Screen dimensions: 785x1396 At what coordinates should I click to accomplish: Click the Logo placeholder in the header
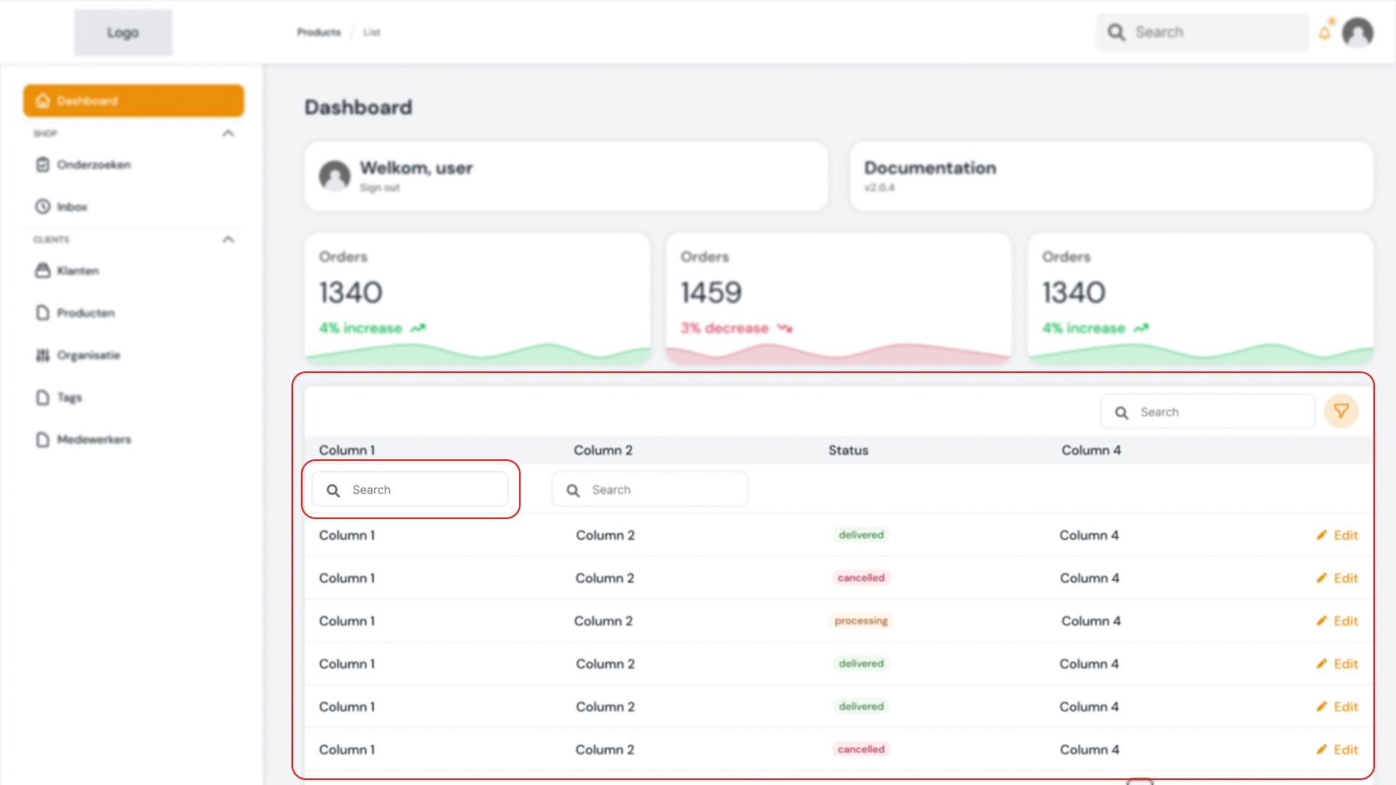tap(123, 33)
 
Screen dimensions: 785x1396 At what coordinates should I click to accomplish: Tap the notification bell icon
tap(1325, 33)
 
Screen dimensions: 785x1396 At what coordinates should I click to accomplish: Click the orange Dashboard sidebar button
tap(134, 100)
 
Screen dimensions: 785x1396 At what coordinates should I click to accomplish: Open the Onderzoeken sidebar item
tap(93, 165)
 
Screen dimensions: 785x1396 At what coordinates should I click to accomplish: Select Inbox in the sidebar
tap(71, 207)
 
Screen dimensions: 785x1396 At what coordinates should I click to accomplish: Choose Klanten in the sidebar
tap(77, 271)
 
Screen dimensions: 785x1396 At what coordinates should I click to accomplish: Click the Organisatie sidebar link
tap(88, 355)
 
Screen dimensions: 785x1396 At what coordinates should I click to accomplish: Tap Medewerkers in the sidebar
tap(93, 440)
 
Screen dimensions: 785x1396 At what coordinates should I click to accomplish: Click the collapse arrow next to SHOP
tap(228, 134)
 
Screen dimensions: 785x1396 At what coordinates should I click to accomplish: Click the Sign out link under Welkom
tap(380, 188)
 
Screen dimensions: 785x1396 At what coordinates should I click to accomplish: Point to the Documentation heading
tap(930, 168)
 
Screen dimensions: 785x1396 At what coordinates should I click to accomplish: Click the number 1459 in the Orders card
tap(711, 293)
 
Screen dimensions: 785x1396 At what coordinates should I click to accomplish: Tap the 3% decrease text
tap(725, 329)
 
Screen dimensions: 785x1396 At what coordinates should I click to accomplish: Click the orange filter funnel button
tap(1341, 411)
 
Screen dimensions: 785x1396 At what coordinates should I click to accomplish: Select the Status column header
tap(848, 451)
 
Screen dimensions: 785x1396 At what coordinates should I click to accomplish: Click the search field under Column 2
tap(649, 490)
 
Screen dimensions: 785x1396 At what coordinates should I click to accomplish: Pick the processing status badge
tap(861, 621)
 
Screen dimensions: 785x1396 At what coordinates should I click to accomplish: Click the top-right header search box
tap(1203, 33)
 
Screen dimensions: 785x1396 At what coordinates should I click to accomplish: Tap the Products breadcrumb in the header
tap(318, 33)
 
